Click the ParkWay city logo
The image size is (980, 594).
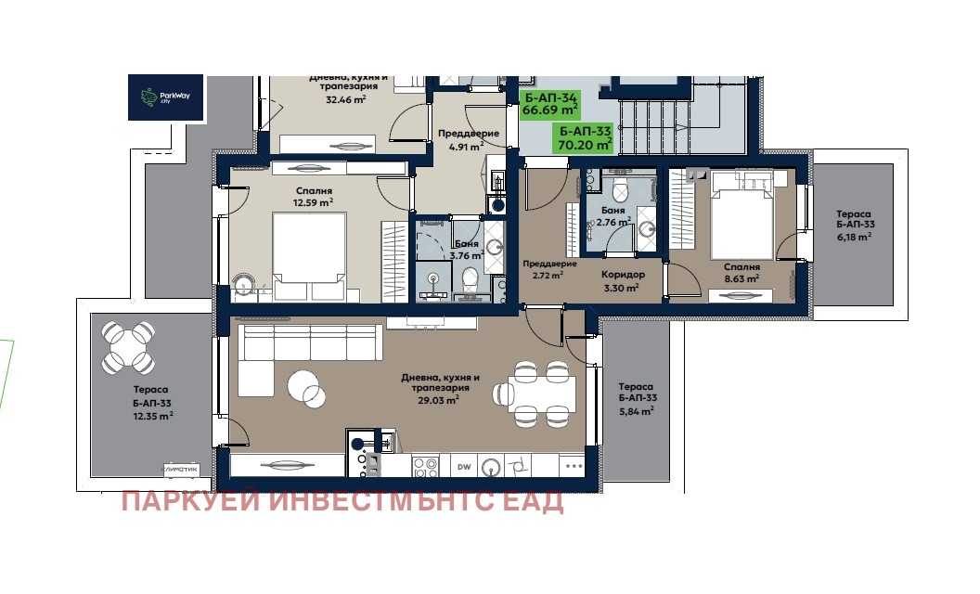pyautogui.click(x=165, y=97)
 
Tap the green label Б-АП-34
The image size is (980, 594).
pyautogui.click(x=550, y=97)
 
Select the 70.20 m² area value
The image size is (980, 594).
pyautogui.click(x=585, y=145)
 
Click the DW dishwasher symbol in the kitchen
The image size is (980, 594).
pyautogui.click(x=464, y=467)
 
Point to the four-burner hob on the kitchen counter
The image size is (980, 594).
pyautogui.click(x=425, y=467)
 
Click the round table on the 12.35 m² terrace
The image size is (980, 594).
pyautogui.click(x=129, y=344)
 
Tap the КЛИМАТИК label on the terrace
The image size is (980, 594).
pyautogui.click(x=180, y=469)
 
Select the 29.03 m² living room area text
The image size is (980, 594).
pyautogui.click(x=438, y=400)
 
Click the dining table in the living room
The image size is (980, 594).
pyautogui.click(x=541, y=394)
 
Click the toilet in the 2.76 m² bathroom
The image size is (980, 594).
pyautogui.click(x=620, y=188)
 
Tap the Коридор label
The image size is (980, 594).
pyautogui.click(x=623, y=275)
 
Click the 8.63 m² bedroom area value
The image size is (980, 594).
pyautogui.click(x=741, y=278)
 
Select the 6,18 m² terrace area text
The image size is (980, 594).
pyautogui.click(x=855, y=237)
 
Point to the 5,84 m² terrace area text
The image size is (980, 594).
pyautogui.click(x=637, y=411)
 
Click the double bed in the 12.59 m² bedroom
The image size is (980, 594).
pyautogui.click(x=309, y=256)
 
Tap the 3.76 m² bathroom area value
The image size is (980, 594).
pyautogui.click(x=466, y=255)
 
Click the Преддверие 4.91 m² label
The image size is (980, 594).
pyautogui.click(x=468, y=141)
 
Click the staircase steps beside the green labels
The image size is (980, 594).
pyautogui.click(x=654, y=127)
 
